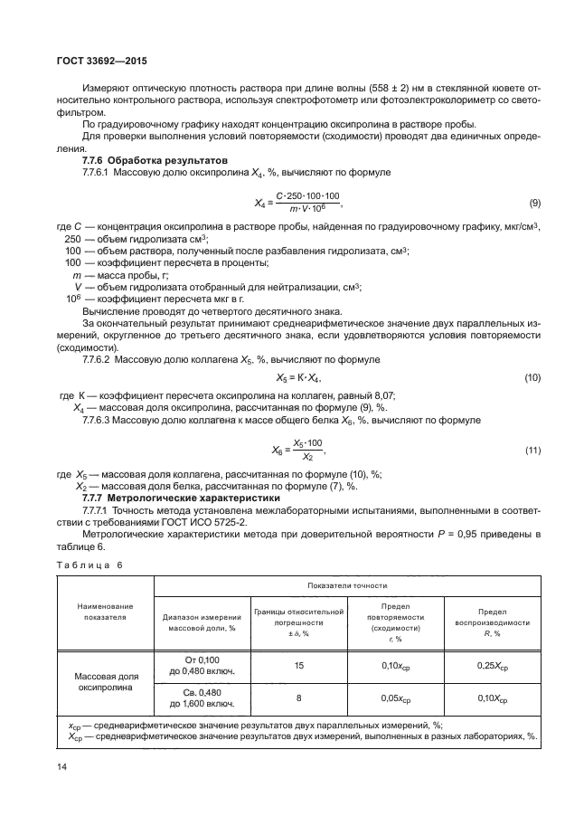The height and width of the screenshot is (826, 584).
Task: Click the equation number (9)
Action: (x=534, y=203)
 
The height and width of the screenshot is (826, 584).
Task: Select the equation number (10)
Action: (x=532, y=376)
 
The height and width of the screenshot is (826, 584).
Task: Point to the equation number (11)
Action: (x=532, y=450)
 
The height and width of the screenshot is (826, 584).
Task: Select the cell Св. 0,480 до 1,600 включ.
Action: (x=202, y=698)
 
